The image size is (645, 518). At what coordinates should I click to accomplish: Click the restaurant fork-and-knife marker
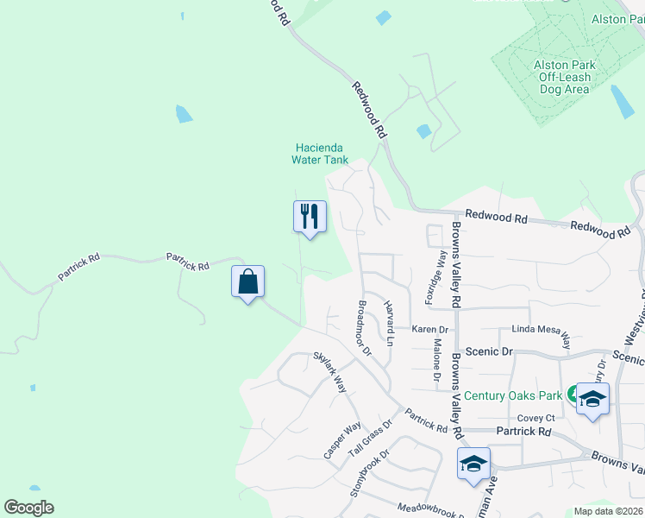(x=310, y=216)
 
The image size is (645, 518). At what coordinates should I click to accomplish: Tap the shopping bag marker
(x=247, y=282)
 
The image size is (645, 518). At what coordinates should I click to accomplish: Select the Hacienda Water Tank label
(x=320, y=154)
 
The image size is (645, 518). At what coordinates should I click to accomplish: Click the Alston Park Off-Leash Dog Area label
(x=564, y=77)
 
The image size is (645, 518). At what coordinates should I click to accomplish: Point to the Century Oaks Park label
(x=513, y=395)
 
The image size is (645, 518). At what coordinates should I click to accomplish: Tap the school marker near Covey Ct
(x=592, y=399)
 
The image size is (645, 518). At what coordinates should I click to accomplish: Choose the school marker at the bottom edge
(x=473, y=464)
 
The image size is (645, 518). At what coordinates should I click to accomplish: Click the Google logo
(x=28, y=508)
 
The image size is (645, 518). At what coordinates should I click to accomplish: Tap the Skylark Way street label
(x=329, y=372)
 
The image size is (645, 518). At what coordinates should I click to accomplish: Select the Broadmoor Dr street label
(x=363, y=328)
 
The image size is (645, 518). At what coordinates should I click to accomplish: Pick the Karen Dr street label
(x=429, y=330)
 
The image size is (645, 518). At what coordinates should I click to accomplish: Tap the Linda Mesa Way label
(x=542, y=331)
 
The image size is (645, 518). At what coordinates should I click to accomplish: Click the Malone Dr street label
(x=437, y=361)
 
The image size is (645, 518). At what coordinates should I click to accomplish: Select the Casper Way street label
(x=342, y=440)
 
